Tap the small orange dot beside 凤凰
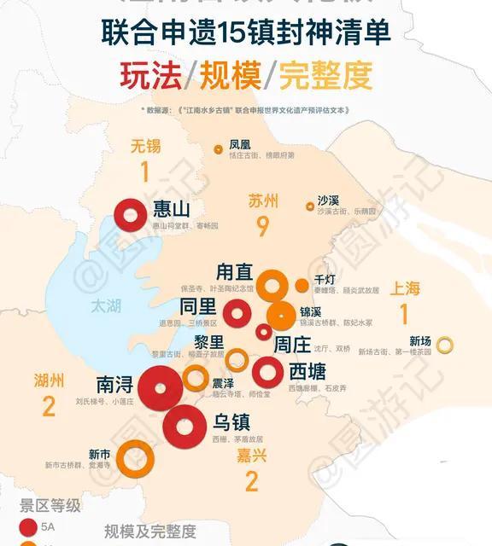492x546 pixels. coord(219,149)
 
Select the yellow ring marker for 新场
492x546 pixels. coord(444,346)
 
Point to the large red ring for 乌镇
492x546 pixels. coord(188,424)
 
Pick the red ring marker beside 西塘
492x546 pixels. coord(267,371)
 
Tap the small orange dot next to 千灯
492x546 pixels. coord(302,285)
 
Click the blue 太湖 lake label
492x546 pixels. coord(108,305)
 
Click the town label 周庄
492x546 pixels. coord(290,346)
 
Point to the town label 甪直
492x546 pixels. coord(234,271)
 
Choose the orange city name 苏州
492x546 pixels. coord(263,201)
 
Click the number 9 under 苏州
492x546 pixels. coord(262,227)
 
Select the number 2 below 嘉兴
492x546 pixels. coord(251,482)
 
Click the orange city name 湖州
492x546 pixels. coord(50,380)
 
